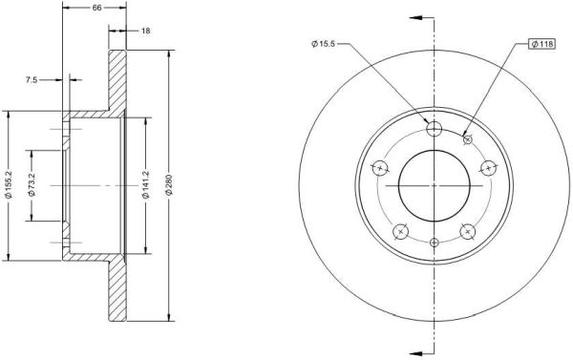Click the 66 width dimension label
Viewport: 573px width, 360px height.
[x=96, y=8]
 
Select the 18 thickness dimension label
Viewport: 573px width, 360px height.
[x=145, y=31]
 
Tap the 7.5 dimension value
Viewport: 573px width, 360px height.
[x=32, y=79]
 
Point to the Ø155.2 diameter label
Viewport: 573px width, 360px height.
[x=10, y=185]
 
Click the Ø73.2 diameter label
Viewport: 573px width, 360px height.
[x=32, y=185]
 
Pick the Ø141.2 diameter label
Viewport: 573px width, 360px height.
[x=146, y=185]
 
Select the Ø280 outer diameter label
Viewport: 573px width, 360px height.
[x=168, y=185]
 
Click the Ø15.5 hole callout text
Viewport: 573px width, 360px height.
[x=323, y=44]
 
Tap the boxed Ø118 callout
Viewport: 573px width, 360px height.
[x=541, y=44]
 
